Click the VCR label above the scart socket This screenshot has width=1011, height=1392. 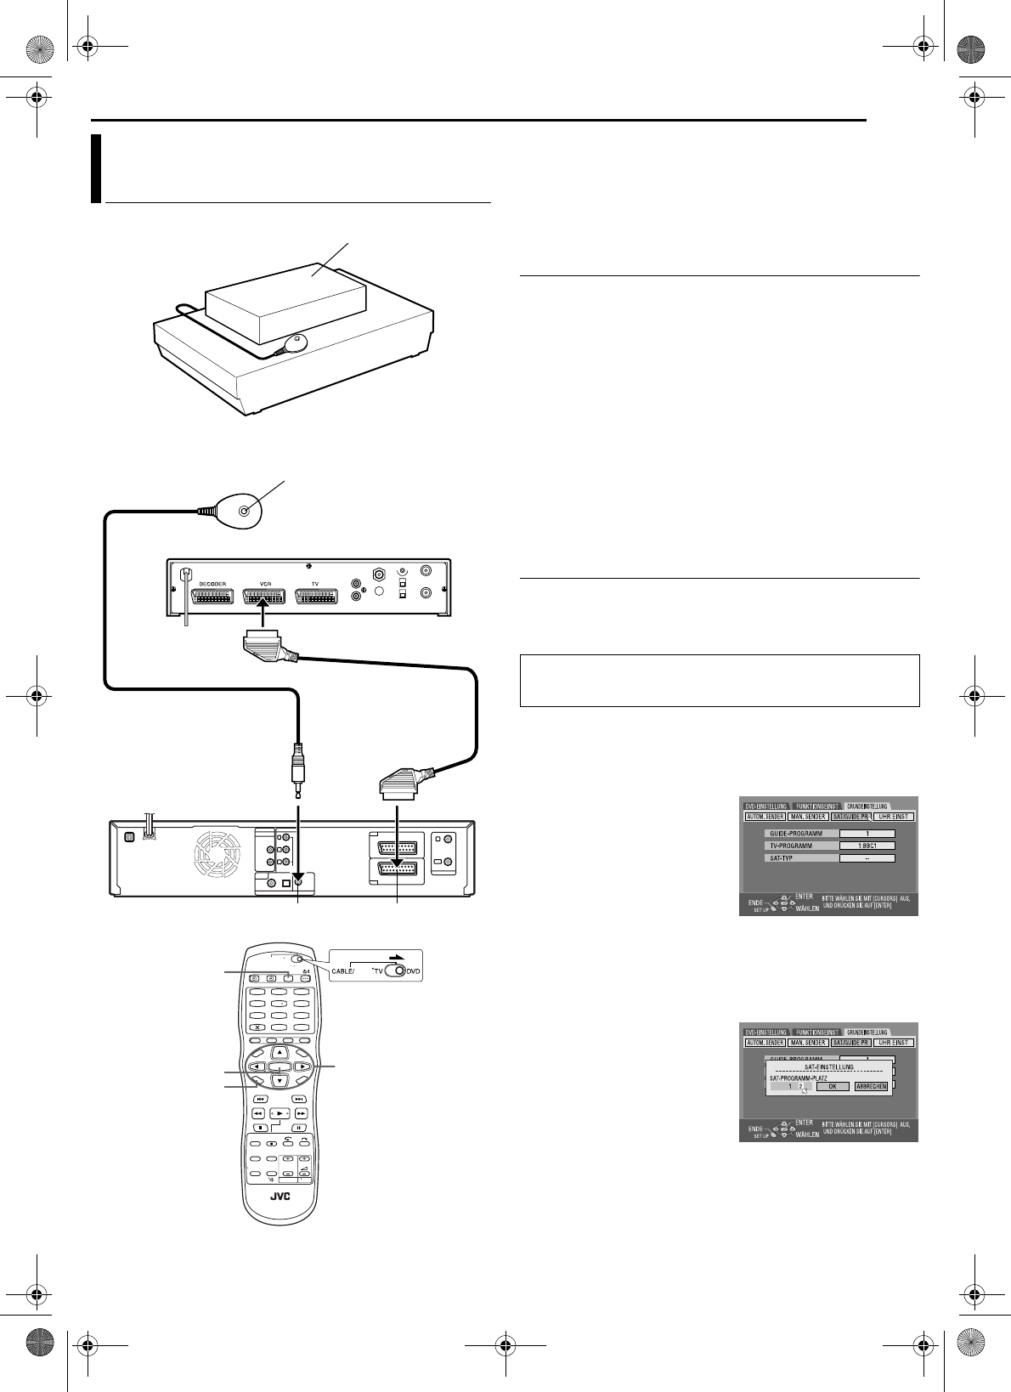coord(264,584)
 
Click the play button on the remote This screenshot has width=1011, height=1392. coord(280,1113)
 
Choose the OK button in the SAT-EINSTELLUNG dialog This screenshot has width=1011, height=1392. coord(833,1086)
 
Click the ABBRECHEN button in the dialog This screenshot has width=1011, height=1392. coord(871,1086)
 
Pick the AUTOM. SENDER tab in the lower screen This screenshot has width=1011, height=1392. coord(765,1042)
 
